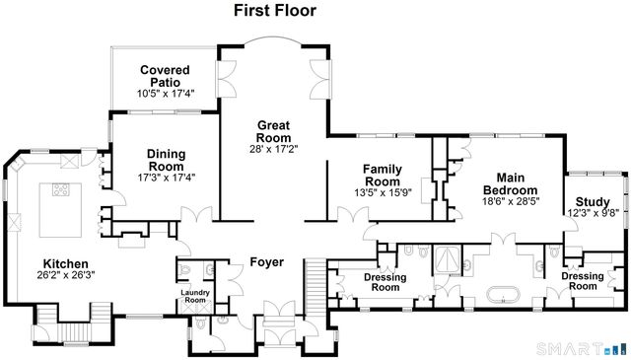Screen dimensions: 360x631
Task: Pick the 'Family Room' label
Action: [x=381, y=175]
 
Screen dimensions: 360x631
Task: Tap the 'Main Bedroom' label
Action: [x=509, y=183]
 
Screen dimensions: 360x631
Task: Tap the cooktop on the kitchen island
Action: [x=61, y=191]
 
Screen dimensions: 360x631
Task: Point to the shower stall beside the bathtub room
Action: [x=446, y=258]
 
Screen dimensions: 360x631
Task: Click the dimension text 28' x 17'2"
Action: [x=273, y=148]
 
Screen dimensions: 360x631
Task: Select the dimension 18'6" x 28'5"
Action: [x=509, y=201]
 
